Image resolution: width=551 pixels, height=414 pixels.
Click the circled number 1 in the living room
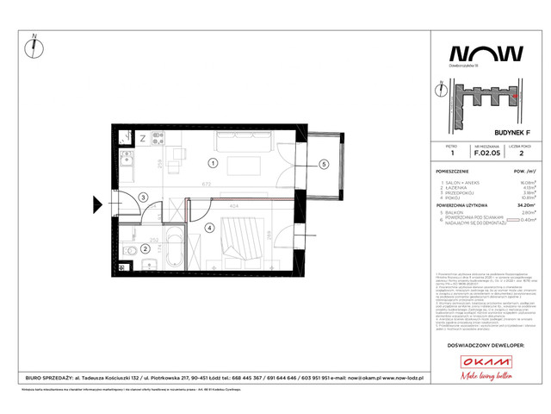213,162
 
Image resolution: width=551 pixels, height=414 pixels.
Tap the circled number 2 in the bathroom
145,249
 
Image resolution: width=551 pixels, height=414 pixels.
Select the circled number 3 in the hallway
143,196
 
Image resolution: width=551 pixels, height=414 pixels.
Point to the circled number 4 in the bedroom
209,229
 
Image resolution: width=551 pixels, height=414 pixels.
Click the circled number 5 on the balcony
323,164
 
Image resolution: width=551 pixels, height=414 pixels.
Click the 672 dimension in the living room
207,184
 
